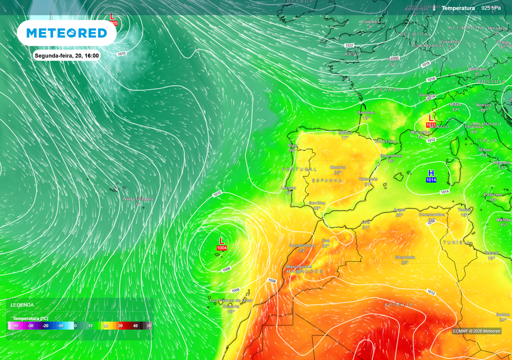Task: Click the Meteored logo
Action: point(66,33)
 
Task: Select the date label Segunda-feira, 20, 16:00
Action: point(66,55)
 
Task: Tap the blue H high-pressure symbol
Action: point(431,173)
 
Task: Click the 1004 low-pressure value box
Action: point(221,248)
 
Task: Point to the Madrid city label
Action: point(337,167)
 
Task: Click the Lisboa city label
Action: point(288,188)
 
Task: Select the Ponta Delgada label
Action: point(138,199)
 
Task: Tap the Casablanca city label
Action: point(302,245)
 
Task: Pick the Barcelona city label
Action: point(391,156)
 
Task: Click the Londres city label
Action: point(370,22)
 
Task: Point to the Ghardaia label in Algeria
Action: point(405,257)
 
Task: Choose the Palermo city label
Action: point(492,194)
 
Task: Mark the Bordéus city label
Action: point(366,113)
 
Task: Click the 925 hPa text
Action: point(491,8)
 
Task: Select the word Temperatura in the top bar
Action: point(458,8)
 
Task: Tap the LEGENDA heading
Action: point(22,304)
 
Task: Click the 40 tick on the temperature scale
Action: point(135,326)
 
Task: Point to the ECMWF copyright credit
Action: point(476,331)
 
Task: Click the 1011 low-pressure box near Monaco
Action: point(431,124)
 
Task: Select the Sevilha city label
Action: point(317,203)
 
